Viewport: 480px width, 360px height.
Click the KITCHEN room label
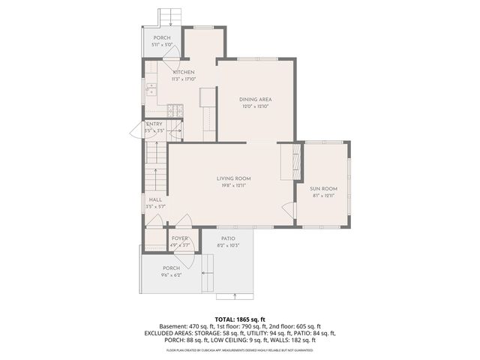184,72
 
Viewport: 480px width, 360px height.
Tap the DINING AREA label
255,99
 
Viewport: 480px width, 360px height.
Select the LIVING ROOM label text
233,178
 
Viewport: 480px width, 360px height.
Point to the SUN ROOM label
323,188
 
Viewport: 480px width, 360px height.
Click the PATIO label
227,238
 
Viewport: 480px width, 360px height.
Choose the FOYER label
179,238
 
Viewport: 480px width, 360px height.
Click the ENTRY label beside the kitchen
154,124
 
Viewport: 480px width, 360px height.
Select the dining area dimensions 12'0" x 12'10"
255,106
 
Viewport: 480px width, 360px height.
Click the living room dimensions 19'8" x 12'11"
233,184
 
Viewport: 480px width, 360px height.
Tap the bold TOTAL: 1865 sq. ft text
239,319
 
